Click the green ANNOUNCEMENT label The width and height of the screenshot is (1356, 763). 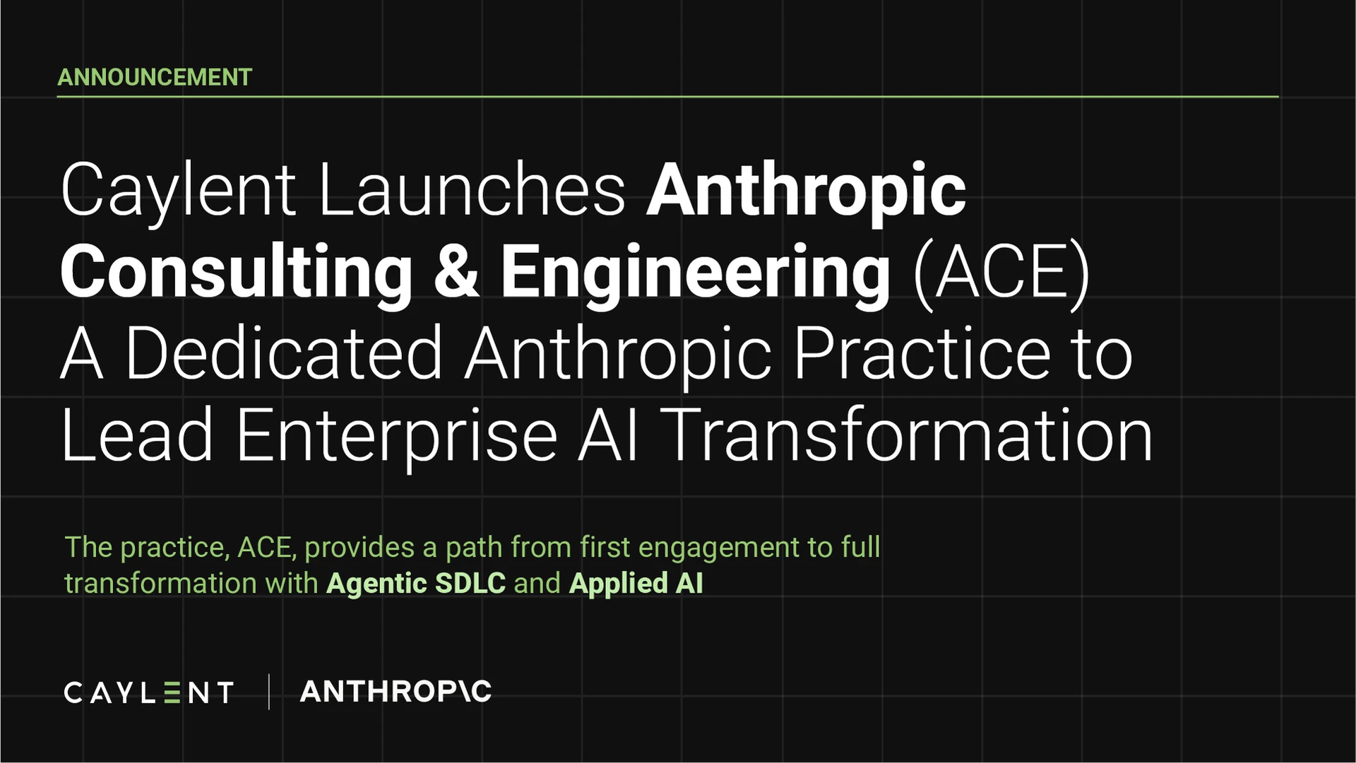point(155,77)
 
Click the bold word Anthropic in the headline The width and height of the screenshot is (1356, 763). point(806,192)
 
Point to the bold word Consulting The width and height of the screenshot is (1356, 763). point(237,274)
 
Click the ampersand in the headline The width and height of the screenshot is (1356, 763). point(457,271)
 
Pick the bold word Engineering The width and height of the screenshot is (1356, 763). point(696,274)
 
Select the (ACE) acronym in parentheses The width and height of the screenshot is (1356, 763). point(1002,273)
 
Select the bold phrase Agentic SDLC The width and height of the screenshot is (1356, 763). point(416,584)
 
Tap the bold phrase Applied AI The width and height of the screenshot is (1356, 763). point(636,584)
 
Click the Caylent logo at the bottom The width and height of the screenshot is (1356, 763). point(148,692)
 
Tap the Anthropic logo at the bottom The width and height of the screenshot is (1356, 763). point(395,691)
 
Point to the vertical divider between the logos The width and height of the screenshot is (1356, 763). point(269,692)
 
